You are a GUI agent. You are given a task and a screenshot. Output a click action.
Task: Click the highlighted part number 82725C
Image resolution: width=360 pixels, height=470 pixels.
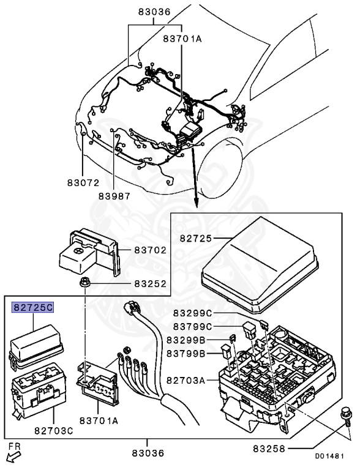[32, 307]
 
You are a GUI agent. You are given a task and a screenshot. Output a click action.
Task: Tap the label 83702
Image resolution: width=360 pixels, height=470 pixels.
[150, 250]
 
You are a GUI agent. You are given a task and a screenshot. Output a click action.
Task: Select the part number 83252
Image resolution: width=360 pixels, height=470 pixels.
[150, 283]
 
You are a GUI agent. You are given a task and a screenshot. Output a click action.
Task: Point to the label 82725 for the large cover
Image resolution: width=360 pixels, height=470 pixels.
[196, 238]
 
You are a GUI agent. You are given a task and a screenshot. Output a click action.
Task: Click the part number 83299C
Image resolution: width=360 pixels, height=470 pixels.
[193, 313]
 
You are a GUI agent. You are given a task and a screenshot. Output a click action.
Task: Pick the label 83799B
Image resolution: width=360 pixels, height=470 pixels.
[186, 354]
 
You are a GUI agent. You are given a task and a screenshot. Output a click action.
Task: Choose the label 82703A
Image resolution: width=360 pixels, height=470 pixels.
[186, 381]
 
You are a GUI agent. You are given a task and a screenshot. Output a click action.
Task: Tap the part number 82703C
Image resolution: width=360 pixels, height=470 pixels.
[54, 431]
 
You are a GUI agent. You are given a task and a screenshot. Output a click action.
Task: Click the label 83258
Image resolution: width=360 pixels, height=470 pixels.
[269, 449]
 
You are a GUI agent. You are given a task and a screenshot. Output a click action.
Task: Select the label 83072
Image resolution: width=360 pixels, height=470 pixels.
[83, 182]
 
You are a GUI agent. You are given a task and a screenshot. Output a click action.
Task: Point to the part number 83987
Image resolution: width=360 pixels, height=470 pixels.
[114, 196]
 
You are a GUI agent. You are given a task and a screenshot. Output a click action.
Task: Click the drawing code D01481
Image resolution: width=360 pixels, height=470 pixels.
[329, 456]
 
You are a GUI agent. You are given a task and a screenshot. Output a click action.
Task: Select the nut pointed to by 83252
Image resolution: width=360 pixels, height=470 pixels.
[85, 283]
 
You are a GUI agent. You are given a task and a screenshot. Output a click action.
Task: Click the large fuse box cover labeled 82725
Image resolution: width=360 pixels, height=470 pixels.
[260, 264]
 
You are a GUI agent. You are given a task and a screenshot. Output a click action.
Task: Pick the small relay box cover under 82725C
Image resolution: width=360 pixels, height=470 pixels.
[36, 346]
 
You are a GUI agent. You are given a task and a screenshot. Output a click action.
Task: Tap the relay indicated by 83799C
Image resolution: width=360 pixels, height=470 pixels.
[250, 330]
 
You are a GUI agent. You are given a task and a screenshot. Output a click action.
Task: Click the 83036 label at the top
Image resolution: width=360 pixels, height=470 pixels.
[154, 12]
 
